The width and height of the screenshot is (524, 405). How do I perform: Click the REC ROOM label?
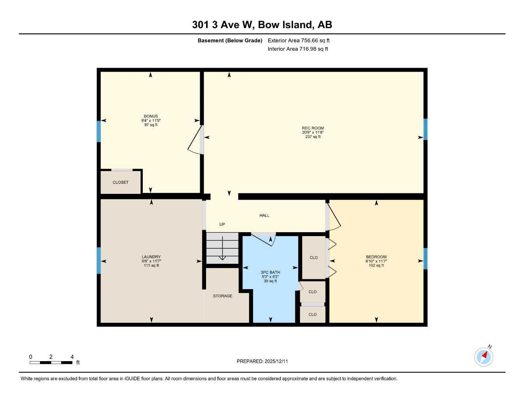click(312, 128)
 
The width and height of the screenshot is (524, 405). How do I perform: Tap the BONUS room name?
click(151, 116)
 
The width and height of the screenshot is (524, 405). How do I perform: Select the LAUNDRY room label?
click(151, 257)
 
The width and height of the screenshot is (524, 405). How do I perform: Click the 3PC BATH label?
click(270, 272)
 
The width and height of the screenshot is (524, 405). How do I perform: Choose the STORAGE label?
click(223, 296)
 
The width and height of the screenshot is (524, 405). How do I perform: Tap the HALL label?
click(264, 216)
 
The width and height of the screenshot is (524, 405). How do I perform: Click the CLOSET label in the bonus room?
click(121, 182)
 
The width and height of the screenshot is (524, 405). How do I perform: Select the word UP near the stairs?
click(222, 224)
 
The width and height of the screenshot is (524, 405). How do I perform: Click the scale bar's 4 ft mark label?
click(72, 357)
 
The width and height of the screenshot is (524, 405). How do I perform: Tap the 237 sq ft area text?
click(313, 137)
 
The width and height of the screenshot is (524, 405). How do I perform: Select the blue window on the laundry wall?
click(98, 260)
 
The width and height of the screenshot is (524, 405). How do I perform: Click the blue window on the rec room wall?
click(426, 129)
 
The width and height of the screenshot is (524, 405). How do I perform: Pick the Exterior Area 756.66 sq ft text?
click(299, 40)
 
